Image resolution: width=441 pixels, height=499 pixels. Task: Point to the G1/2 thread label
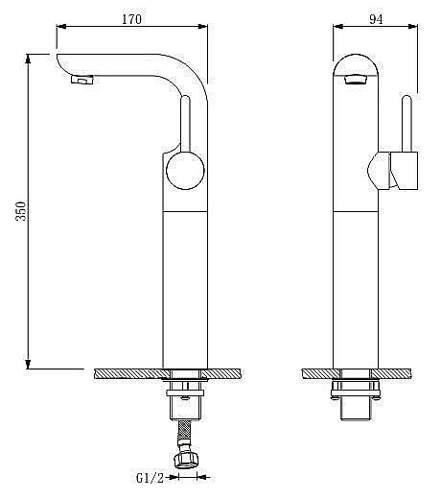coord(149,477)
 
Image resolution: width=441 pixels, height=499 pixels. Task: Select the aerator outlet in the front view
coord(354,83)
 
